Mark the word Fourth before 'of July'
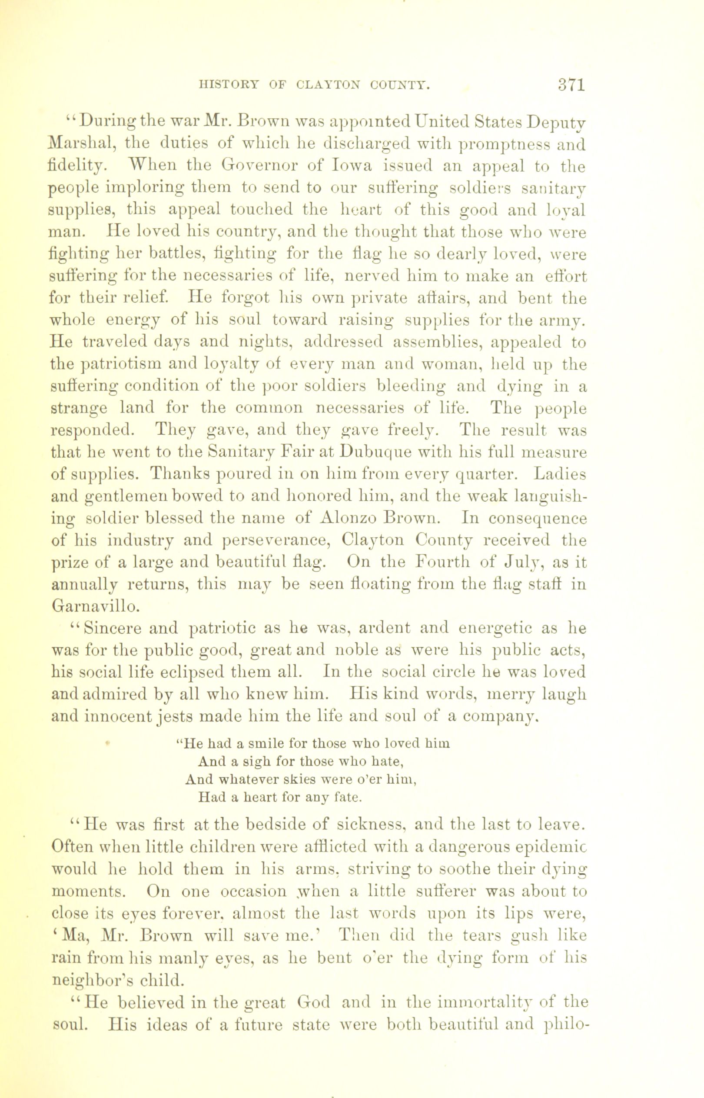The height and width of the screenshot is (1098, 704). pos(439,562)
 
